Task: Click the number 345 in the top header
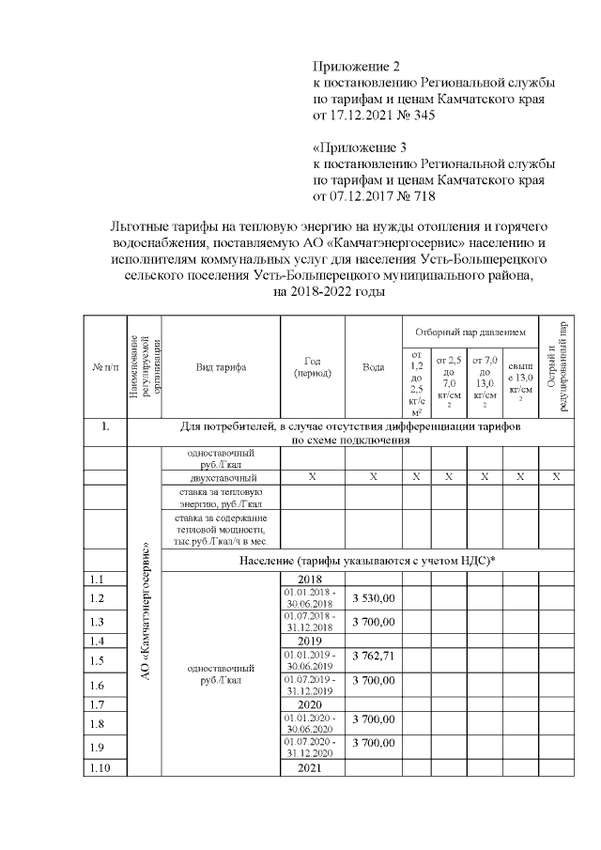(422, 116)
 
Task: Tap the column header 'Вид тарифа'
(222, 366)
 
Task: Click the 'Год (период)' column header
(313, 366)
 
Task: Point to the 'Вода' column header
(373, 366)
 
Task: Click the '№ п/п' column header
(104, 366)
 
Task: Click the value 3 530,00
(374, 597)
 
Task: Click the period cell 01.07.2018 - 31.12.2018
(313, 622)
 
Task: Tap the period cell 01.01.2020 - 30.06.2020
(313, 723)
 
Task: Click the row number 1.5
(96, 660)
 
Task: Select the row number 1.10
(99, 769)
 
